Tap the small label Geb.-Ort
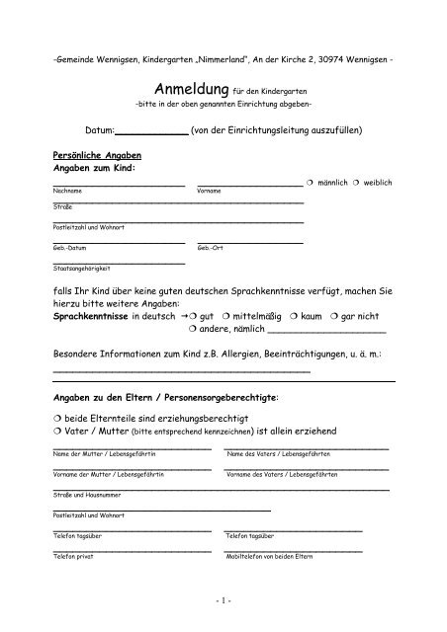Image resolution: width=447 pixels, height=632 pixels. click(x=211, y=248)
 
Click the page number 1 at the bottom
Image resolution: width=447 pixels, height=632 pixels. click(x=223, y=601)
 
